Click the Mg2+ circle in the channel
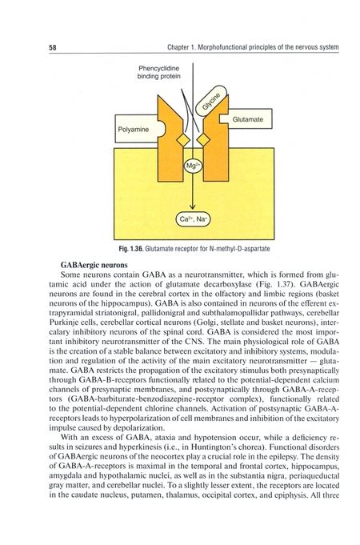click(x=193, y=166)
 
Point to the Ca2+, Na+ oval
click(x=192, y=218)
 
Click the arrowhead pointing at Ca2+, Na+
click(x=193, y=206)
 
